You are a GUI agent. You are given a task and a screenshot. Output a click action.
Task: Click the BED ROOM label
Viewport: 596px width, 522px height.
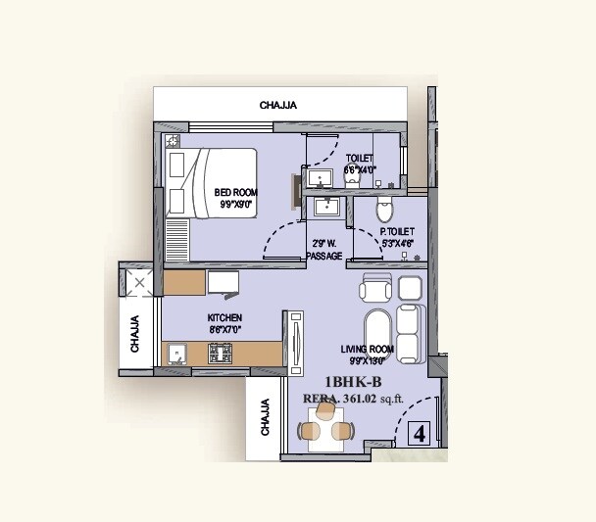(x=235, y=193)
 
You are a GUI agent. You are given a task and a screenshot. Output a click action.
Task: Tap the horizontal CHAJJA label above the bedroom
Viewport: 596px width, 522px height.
(x=278, y=105)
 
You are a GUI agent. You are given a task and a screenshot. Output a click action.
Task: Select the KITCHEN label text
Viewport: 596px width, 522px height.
(x=224, y=318)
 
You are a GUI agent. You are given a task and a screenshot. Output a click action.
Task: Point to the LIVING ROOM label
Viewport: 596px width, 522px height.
(x=368, y=349)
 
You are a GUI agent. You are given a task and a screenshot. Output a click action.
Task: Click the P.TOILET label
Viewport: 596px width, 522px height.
(x=397, y=232)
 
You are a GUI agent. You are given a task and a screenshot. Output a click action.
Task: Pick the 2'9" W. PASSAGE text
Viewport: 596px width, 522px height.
(x=324, y=249)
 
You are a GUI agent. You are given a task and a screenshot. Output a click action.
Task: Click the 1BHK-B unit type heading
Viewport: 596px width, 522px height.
(x=353, y=382)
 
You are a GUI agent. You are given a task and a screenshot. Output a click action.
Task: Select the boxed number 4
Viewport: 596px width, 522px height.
(x=420, y=433)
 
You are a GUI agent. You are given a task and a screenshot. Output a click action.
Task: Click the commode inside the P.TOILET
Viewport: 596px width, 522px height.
(x=385, y=209)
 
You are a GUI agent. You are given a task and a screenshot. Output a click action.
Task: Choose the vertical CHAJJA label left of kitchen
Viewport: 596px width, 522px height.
(x=135, y=334)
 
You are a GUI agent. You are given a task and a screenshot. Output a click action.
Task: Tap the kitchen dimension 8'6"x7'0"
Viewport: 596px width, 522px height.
(x=224, y=331)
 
